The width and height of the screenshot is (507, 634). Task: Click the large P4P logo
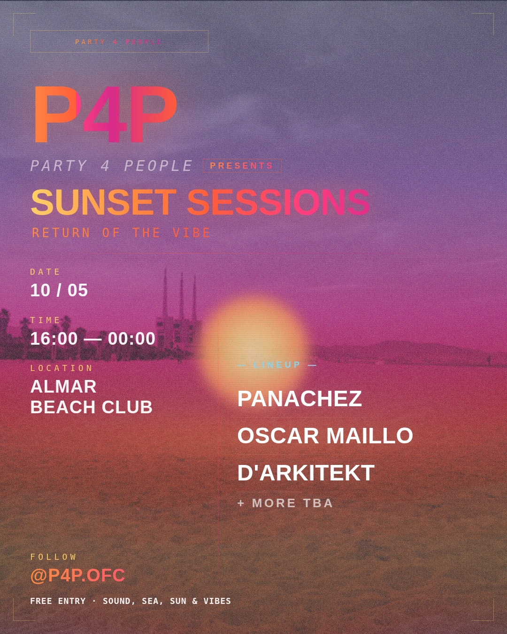point(104,114)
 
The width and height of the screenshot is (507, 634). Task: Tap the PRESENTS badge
point(242,166)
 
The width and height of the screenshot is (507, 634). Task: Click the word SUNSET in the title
point(103,202)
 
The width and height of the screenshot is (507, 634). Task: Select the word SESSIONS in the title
point(278,202)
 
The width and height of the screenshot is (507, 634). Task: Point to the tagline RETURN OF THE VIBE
point(121,233)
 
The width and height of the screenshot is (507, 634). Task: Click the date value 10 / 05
point(59,290)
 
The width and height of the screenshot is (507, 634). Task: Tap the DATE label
point(46,272)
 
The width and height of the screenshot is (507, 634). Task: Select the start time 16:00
point(54,339)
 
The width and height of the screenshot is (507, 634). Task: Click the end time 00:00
point(131,339)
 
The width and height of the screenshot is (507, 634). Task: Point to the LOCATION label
point(61,368)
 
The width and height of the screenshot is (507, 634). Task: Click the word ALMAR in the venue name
point(63,387)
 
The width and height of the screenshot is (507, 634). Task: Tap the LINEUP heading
point(277,365)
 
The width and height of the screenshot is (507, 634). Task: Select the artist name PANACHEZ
point(300,399)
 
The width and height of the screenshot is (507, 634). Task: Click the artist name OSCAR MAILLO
point(325,436)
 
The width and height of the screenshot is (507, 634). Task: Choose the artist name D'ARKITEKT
point(306,473)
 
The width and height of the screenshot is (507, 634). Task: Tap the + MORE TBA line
point(285,503)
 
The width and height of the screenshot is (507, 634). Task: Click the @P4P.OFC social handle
point(77,575)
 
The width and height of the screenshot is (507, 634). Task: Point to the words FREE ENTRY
point(58,601)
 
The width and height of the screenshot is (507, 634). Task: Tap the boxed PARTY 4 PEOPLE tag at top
point(119,42)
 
